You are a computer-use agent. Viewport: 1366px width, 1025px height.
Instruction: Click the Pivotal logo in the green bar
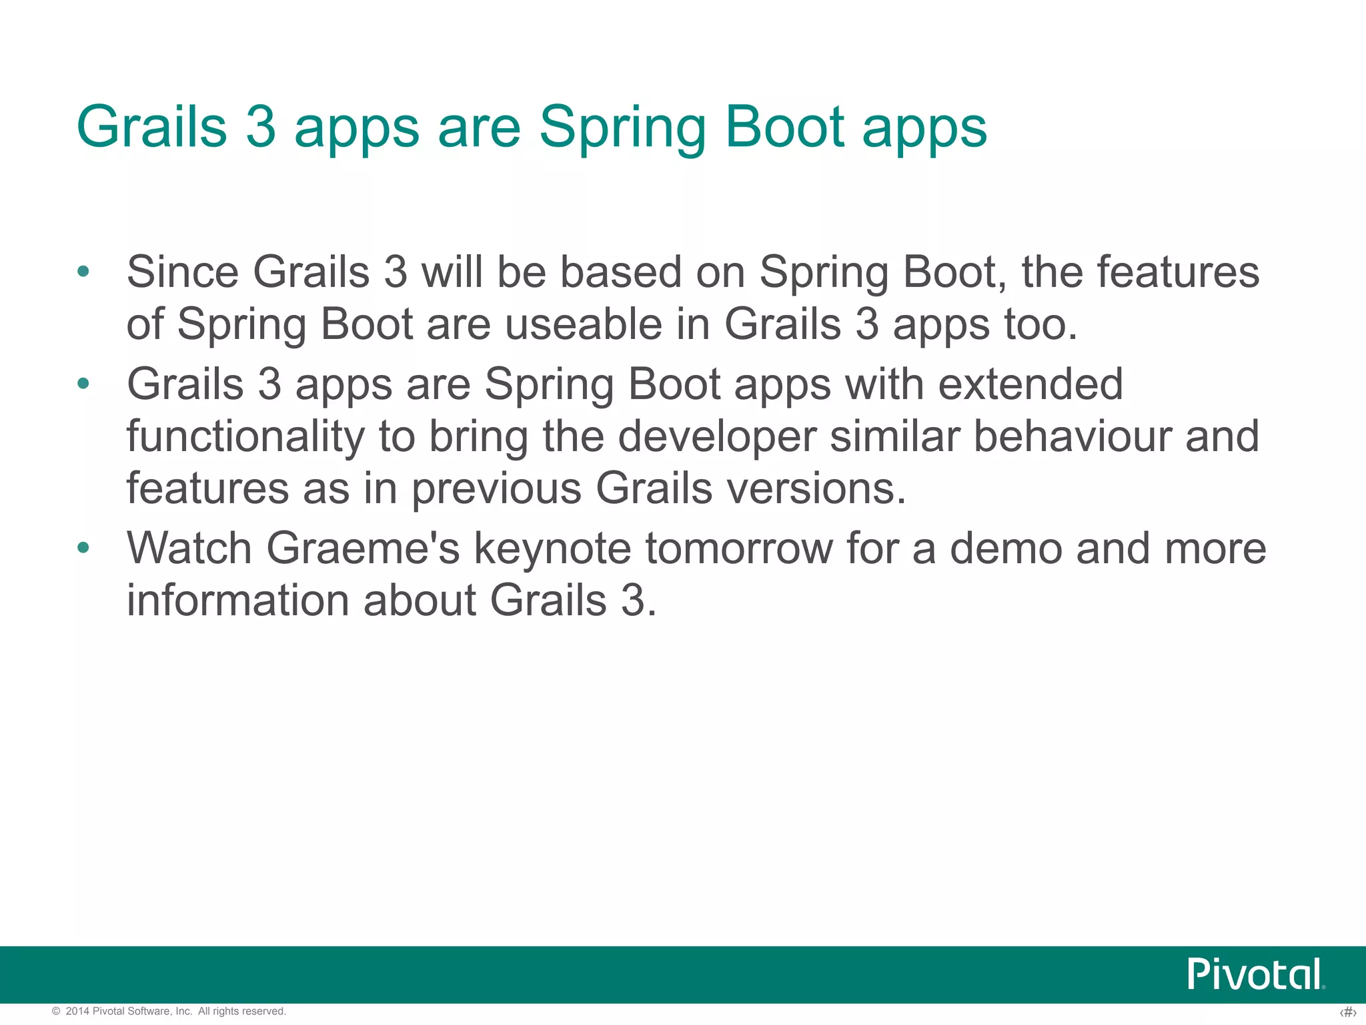[1255, 974]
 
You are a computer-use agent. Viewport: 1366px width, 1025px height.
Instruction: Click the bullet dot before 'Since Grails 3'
[83, 272]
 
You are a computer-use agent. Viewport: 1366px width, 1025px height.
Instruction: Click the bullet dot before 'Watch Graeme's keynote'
[83, 548]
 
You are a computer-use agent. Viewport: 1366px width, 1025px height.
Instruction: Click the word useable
[583, 324]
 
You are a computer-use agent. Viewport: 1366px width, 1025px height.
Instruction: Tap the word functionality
[245, 437]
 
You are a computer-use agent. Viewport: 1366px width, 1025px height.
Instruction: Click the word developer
[717, 437]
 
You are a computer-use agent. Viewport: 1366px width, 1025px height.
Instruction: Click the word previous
[496, 489]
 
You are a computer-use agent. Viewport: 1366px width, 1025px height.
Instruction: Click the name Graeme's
[363, 549]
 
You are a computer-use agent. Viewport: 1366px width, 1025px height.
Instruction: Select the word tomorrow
[739, 549]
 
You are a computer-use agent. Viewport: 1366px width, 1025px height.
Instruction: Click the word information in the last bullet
[237, 600]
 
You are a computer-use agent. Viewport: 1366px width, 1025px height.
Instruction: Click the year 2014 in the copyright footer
[77, 1012]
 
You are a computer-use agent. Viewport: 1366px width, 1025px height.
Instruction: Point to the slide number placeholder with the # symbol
[1347, 1013]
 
